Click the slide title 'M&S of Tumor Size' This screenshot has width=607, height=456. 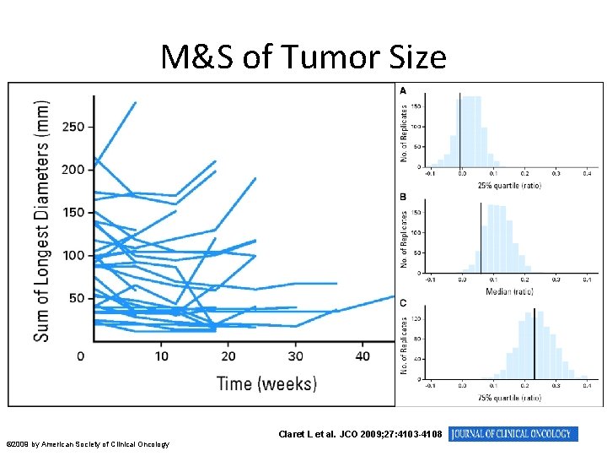(303, 57)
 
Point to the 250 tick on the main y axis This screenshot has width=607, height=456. (73, 127)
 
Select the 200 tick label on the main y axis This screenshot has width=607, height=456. (73, 170)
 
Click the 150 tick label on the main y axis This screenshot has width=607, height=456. (73, 213)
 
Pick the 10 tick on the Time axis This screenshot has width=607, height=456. (161, 356)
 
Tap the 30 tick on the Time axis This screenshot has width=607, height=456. (296, 356)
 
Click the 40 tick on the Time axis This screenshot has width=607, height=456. (363, 356)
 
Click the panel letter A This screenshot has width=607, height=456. (403, 90)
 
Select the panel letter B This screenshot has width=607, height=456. (403, 197)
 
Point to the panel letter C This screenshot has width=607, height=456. (403, 302)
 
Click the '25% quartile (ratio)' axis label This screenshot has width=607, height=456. (508, 186)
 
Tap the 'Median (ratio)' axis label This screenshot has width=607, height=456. (508, 290)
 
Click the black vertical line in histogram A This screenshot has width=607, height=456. (460, 131)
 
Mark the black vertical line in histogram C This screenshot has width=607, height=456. (534, 342)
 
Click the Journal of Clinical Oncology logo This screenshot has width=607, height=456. (514, 434)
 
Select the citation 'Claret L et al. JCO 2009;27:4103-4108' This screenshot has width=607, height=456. (360, 434)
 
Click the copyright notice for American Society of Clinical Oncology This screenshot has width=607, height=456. (88, 444)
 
